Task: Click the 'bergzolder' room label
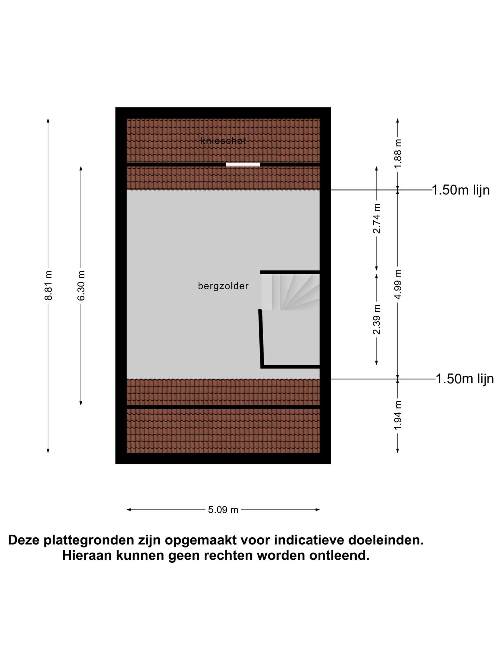(223, 286)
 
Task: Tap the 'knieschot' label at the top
(223, 141)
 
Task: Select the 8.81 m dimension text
(48, 285)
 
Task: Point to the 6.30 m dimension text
(81, 285)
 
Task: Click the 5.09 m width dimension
(223, 510)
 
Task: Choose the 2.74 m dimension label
(376, 218)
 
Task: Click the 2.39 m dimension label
(376, 319)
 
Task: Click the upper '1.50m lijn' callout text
(461, 190)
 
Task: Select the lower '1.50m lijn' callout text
(465, 379)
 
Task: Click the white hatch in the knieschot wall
(243, 165)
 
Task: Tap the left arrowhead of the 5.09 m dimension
(129, 510)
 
